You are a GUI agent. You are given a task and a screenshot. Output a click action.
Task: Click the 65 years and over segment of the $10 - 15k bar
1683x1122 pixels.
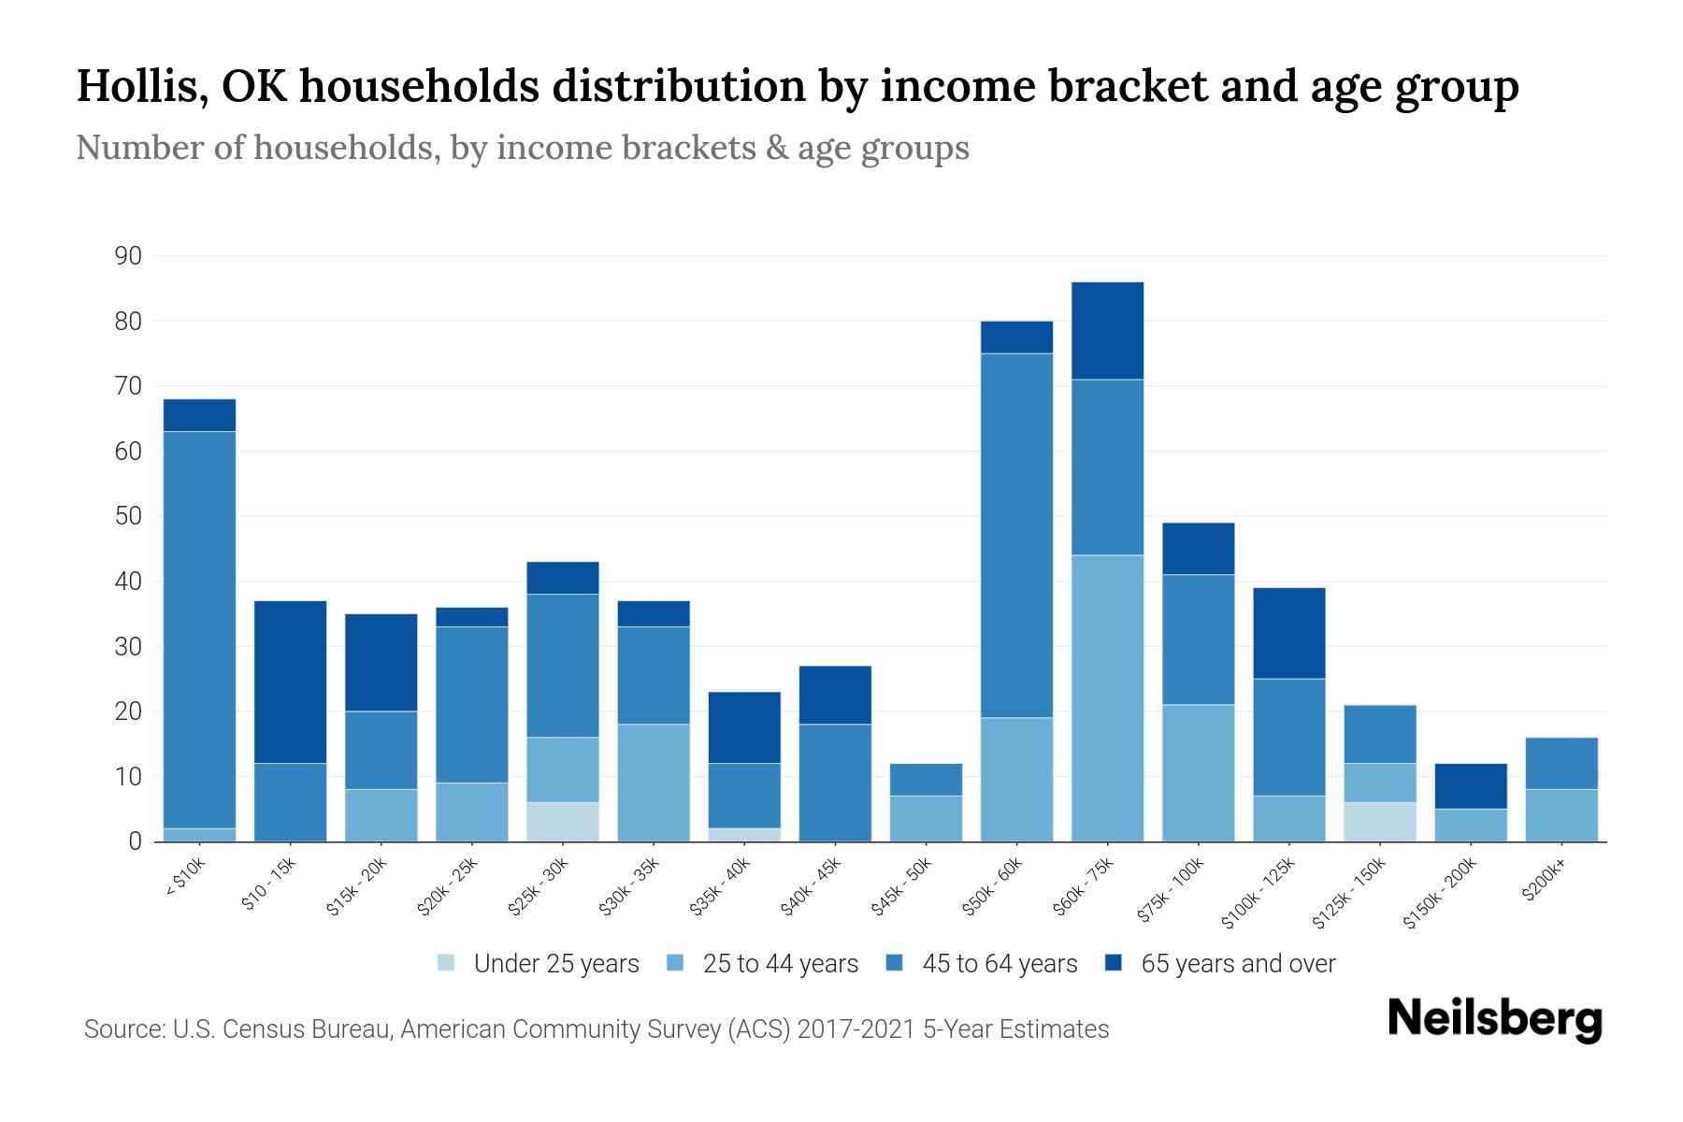coord(290,682)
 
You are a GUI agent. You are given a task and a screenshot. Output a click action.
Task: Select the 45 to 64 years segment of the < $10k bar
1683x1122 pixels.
coord(199,629)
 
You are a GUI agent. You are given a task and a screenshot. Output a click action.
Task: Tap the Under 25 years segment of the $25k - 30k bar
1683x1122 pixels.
coord(563,822)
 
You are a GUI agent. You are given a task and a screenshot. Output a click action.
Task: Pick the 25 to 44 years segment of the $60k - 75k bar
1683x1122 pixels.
coord(1107,698)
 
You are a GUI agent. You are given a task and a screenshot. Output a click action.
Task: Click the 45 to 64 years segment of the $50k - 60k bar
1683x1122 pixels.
coord(1016,535)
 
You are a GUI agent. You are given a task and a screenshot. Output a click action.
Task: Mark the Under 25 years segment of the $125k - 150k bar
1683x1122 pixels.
coord(1380,822)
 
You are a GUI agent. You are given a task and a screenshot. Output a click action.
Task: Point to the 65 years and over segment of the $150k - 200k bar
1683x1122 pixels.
coord(1471,786)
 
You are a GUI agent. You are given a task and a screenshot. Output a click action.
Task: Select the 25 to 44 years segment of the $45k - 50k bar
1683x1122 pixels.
coord(926,818)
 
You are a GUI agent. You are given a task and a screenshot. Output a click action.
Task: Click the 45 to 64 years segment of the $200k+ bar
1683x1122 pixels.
coord(1561,763)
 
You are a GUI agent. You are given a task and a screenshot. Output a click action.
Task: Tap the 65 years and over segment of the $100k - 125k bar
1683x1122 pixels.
coord(1289,633)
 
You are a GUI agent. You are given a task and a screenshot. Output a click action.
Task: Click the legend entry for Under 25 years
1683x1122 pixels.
coord(539,964)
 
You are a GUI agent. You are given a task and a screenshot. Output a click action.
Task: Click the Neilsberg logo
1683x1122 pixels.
coord(1494,1019)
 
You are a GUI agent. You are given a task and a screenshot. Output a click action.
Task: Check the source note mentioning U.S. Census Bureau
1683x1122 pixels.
coord(597,1029)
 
